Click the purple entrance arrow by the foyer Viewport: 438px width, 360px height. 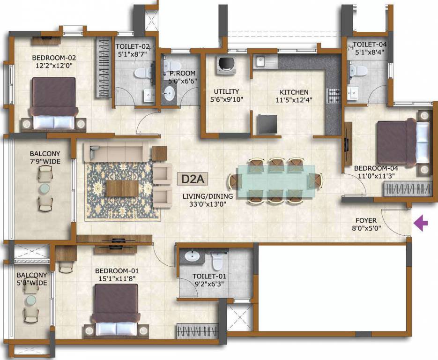point(422,223)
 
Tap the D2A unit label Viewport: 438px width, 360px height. point(192,179)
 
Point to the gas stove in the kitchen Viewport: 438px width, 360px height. point(333,96)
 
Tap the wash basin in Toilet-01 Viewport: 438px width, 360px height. point(191,256)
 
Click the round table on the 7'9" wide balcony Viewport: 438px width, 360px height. point(44,188)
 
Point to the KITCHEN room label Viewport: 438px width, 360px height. point(294,92)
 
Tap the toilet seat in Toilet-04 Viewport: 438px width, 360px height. point(359,70)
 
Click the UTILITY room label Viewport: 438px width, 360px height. point(226,91)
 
